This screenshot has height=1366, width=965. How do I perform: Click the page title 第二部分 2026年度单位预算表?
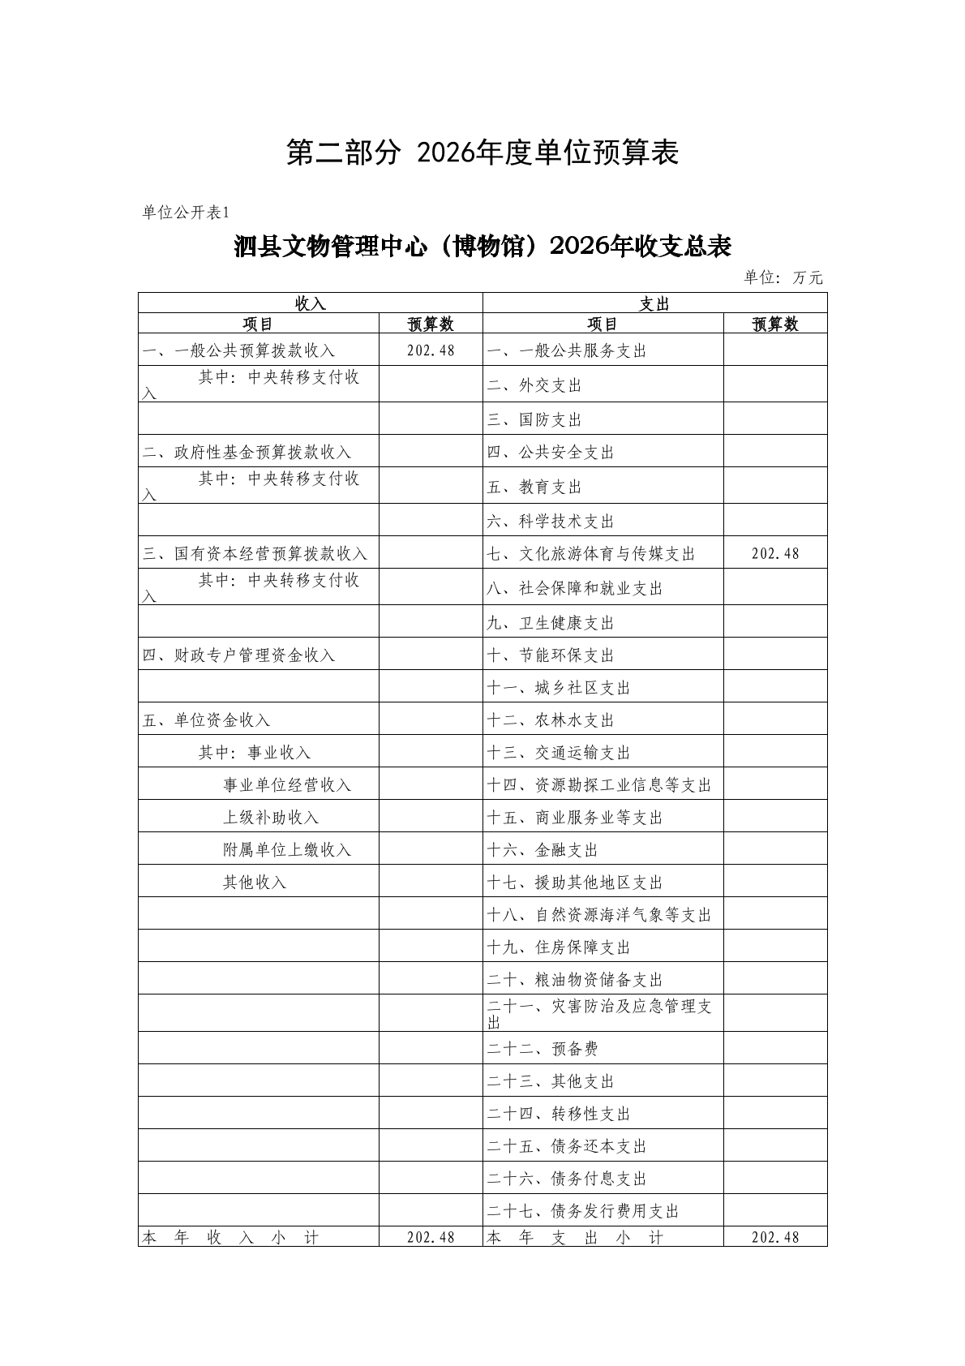[482, 153]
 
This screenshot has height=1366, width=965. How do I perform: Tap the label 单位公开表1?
[187, 213]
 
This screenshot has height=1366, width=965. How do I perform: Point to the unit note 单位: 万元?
[783, 277]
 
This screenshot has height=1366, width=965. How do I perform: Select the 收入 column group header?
[310, 303]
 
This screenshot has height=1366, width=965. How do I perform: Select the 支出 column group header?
[654, 303]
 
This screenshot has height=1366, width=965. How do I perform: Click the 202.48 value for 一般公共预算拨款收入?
[431, 350]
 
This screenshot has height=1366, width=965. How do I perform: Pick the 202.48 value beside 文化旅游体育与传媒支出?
[775, 553]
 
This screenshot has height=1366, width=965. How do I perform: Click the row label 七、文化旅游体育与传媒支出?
[591, 554]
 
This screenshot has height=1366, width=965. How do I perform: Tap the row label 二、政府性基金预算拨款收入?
[247, 452]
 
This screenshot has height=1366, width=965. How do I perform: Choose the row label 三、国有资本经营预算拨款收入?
[255, 554]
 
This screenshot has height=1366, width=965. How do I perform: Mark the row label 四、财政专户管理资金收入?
[238, 655]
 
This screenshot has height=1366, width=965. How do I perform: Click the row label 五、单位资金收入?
[206, 720]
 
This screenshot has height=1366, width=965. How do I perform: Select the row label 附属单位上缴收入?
[287, 850]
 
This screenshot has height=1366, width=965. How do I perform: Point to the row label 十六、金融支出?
[543, 850]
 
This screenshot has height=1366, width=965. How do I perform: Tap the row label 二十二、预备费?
[543, 1049]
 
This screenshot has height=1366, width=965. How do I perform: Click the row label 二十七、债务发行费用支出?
[583, 1211]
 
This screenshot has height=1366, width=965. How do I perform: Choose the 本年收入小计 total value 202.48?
[431, 1238]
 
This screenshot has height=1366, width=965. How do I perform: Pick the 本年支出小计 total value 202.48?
[775, 1238]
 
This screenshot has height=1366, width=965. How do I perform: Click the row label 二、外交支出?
[534, 385]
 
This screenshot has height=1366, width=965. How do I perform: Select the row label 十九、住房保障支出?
[559, 947]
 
